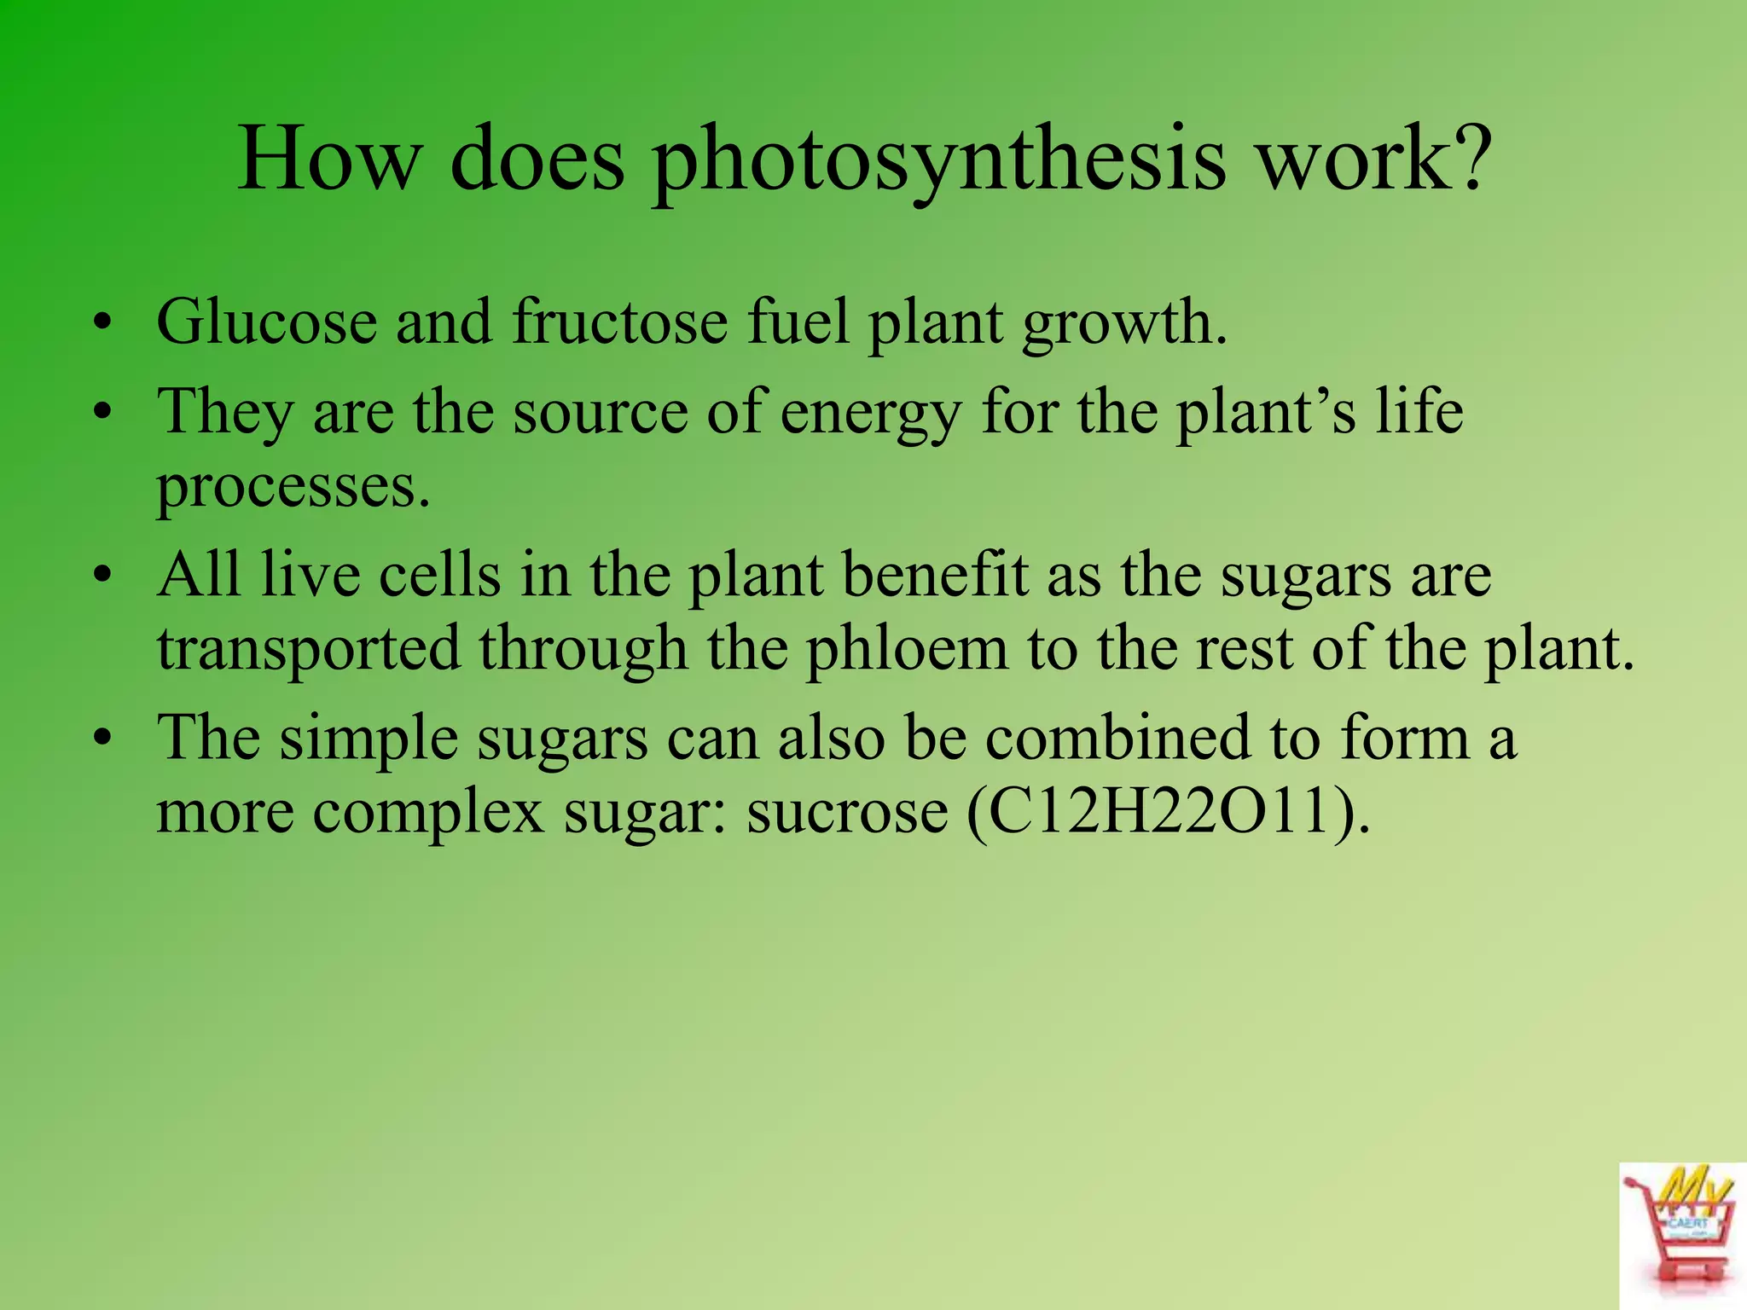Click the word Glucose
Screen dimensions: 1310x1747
(x=267, y=323)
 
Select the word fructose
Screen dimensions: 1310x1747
(x=620, y=322)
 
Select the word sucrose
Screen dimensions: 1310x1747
(x=847, y=811)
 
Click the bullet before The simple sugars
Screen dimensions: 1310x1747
(x=103, y=739)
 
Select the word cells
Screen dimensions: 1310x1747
(x=439, y=575)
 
